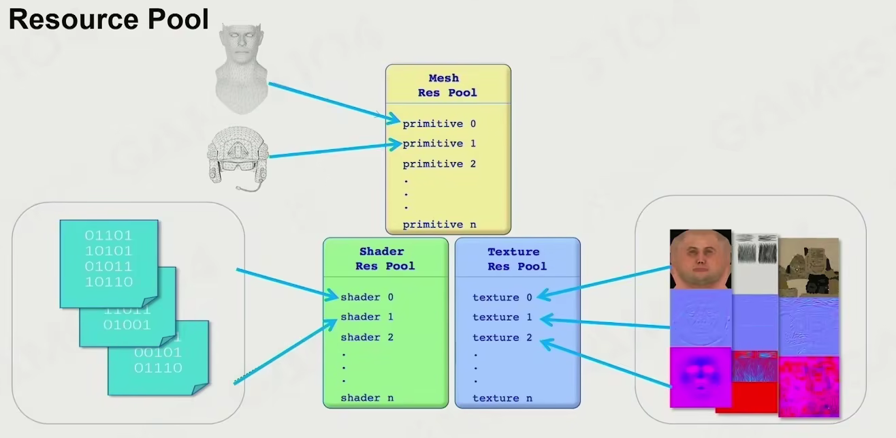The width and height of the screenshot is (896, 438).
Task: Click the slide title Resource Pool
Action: (108, 19)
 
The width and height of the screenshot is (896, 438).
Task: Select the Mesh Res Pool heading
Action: (447, 85)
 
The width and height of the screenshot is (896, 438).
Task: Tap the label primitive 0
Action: (439, 124)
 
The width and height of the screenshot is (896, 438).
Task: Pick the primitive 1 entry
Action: (439, 144)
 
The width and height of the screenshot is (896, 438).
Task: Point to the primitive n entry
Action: (439, 224)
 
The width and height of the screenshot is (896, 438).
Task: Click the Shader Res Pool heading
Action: (385, 259)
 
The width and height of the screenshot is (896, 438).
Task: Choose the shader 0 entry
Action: (367, 297)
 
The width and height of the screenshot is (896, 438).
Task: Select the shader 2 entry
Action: (367, 337)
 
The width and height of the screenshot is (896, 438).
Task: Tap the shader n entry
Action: (367, 398)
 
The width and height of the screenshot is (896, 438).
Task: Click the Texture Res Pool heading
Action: (517, 259)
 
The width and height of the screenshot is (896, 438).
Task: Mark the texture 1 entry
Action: (502, 317)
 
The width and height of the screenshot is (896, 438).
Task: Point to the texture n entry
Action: (502, 398)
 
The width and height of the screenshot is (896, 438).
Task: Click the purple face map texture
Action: (700, 376)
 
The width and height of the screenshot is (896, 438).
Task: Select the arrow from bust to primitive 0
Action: (334, 103)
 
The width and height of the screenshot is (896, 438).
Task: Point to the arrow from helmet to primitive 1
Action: (334, 150)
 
